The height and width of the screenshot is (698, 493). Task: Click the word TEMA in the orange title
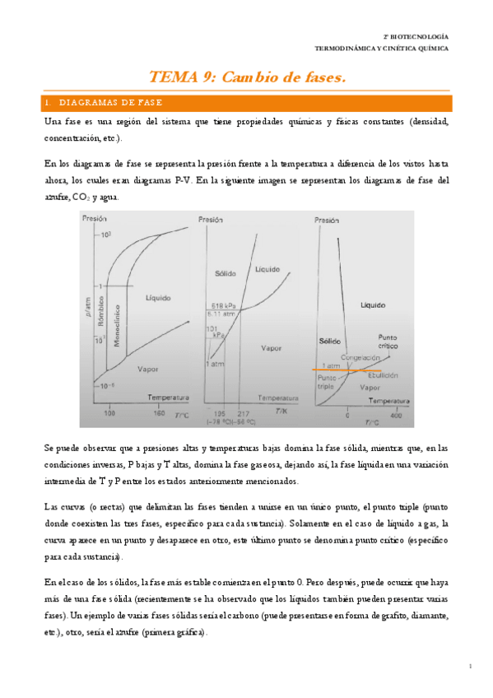click(170, 77)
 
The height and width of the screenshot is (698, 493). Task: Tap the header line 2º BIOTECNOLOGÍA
click(417, 37)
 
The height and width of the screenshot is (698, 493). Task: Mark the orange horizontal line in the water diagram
click(354, 370)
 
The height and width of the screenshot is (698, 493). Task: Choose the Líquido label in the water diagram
click(373, 305)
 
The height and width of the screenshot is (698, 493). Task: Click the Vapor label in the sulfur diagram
click(148, 370)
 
